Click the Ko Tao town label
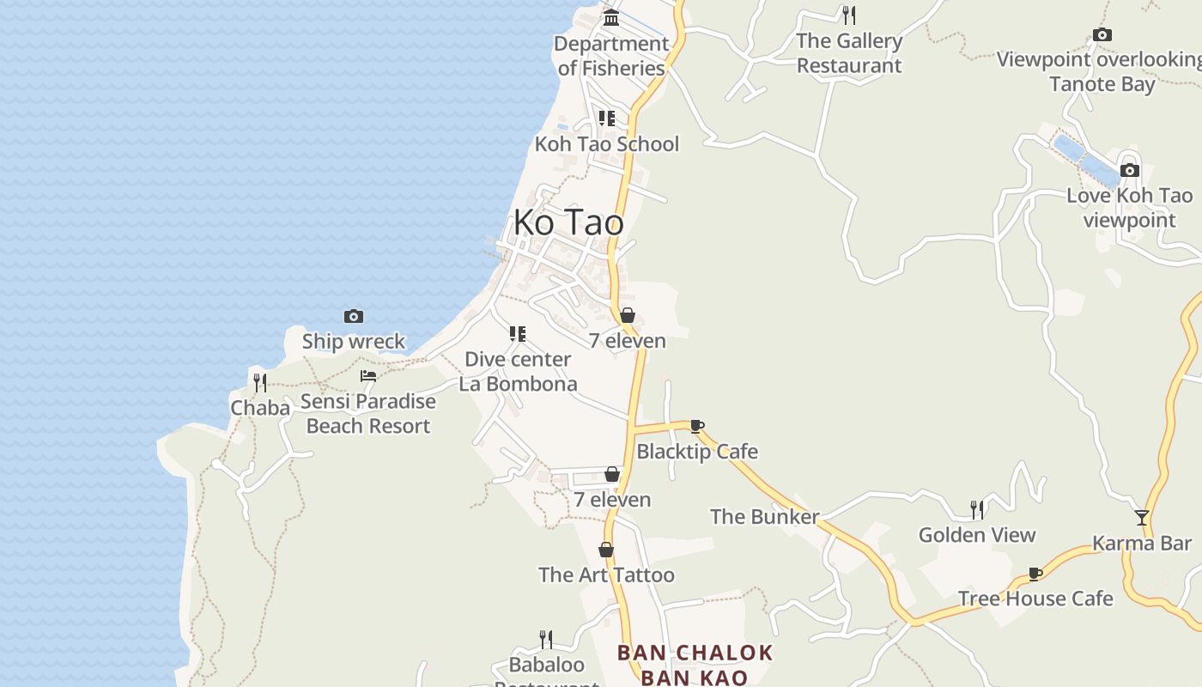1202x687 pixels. (568, 222)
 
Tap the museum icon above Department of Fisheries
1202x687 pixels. (611, 17)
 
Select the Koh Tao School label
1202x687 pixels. (607, 143)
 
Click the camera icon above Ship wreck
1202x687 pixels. (353, 316)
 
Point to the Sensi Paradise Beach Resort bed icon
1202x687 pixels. (368, 376)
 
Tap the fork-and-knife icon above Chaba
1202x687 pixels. (260, 382)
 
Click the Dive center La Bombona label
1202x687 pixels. (518, 371)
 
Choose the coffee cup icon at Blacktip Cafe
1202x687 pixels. (697, 426)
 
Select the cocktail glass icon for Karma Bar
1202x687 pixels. (1142, 517)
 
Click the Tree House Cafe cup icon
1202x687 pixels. (1035, 574)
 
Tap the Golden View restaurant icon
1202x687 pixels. (977, 510)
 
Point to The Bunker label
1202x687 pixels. (764, 516)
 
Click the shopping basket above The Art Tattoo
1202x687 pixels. (606, 550)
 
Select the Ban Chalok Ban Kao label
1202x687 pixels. (695, 665)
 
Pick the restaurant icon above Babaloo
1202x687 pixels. (546, 639)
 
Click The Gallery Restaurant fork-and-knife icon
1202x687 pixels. (849, 15)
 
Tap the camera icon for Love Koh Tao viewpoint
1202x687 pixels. (1130, 170)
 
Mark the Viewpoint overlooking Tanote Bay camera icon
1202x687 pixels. (1102, 34)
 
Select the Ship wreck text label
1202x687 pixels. (353, 341)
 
